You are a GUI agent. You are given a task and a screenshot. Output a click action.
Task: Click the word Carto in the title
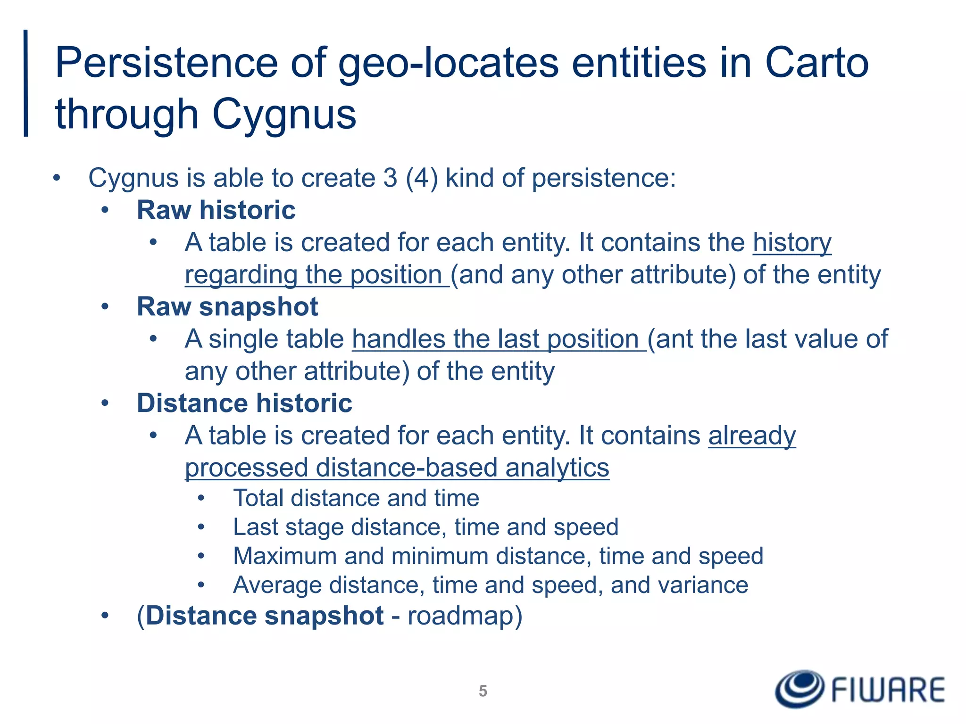[816, 63]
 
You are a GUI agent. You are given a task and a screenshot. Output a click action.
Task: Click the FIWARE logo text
[888, 691]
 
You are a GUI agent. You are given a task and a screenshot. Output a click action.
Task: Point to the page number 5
[483, 691]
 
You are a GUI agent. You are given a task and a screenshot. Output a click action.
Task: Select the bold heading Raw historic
[216, 210]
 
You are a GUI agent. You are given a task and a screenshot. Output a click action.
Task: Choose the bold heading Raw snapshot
[227, 307]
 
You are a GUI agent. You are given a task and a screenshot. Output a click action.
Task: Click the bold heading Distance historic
[244, 403]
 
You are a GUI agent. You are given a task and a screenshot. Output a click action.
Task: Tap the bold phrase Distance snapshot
[265, 616]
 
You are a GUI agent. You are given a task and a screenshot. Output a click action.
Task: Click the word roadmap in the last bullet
[460, 616]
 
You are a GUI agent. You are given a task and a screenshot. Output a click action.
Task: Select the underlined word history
[792, 243]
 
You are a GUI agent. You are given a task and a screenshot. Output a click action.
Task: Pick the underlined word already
[752, 436]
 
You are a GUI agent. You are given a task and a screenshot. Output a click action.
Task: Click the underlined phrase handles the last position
[499, 339]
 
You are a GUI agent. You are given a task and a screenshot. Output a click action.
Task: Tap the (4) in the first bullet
[422, 178]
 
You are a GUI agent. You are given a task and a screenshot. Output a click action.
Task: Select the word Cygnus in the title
[284, 115]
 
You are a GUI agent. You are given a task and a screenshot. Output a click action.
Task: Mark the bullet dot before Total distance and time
[201, 498]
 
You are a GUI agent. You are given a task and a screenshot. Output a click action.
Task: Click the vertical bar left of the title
[26, 83]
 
